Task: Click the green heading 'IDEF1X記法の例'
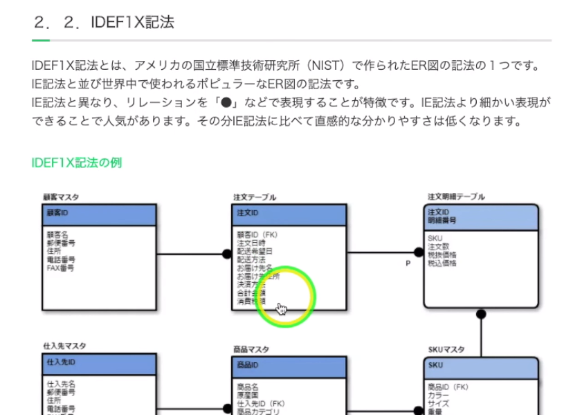coord(77,163)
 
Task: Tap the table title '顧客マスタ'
coord(61,197)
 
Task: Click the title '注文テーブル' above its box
coord(254,197)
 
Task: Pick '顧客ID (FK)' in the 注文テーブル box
coord(257,235)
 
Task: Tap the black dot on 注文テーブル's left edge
coord(226,254)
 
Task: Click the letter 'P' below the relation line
coord(408,263)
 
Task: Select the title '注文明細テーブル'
coord(456,197)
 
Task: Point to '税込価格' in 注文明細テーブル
coord(442,263)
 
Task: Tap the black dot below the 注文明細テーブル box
coord(481,314)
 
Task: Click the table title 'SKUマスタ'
coord(446,350)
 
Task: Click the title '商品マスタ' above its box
coord(251,350)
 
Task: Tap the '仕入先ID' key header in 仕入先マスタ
coord(61,362)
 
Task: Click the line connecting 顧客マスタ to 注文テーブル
coord(190,254)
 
